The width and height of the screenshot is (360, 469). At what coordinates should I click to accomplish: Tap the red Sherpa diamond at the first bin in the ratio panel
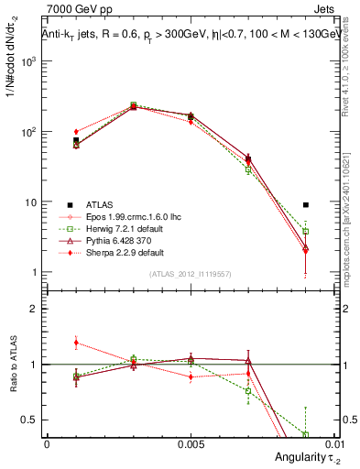click(x=76, y=343)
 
